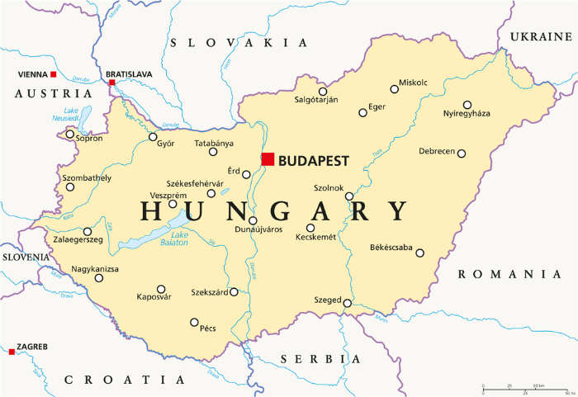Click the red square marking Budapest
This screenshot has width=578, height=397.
point(268,159)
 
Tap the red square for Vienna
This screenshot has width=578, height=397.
point(54,75)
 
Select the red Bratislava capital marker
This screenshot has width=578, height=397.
point(111,83)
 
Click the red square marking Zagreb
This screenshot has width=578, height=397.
point(12,352)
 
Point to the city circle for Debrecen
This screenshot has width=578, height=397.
point(462,154)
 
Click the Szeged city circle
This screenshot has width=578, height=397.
point(348,303)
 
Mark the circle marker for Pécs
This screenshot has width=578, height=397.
point(194,323)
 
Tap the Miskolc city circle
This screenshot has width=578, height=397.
point(395,89)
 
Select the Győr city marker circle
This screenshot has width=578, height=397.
point(153,137)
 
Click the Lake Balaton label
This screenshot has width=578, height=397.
point(173,239)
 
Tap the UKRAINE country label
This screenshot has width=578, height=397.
point(541,37)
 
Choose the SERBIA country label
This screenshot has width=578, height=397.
point(320,359)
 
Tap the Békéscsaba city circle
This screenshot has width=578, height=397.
point(420,253)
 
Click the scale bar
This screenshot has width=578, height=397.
point(524,388)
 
